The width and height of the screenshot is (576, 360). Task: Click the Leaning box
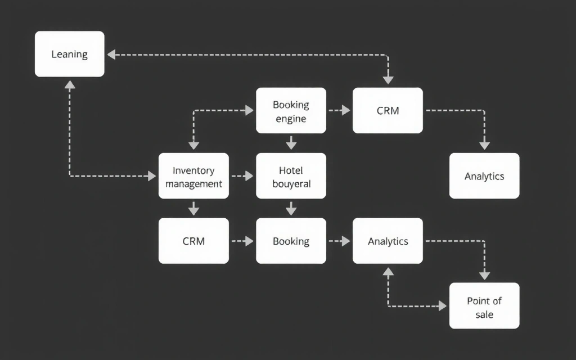click(70, 54)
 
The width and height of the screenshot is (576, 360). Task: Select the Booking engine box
click(291, 110)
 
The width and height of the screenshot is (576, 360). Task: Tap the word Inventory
click(193, 170)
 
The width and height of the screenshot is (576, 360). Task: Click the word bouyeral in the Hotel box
click(291, 184)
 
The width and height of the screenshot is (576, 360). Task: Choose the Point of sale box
click(484, 306)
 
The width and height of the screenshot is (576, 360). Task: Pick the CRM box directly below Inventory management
click(193, 241)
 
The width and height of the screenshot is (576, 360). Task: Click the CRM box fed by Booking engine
click(388, 110)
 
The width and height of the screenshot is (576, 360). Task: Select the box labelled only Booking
click(291, 241)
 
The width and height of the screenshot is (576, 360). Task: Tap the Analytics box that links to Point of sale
click(388, 241)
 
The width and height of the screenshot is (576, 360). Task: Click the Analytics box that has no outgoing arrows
click(484, 176)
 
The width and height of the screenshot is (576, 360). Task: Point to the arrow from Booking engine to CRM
click(339, 110)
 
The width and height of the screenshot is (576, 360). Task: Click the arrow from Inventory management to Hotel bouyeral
click(242, 176)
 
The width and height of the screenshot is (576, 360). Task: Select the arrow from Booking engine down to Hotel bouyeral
click(291, 143)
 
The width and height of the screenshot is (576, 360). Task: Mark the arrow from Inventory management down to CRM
click(193, 208)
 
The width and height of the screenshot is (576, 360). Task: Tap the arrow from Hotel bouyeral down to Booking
click(291, 208)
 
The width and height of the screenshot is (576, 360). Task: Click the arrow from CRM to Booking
click(242, 241)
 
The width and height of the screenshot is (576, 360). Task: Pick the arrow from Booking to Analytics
click(339, 241)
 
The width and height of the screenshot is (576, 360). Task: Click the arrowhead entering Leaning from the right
click(111, 55)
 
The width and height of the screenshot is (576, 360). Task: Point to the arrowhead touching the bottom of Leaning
click(70, 85)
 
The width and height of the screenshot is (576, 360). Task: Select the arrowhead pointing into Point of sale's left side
click(442, 306)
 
